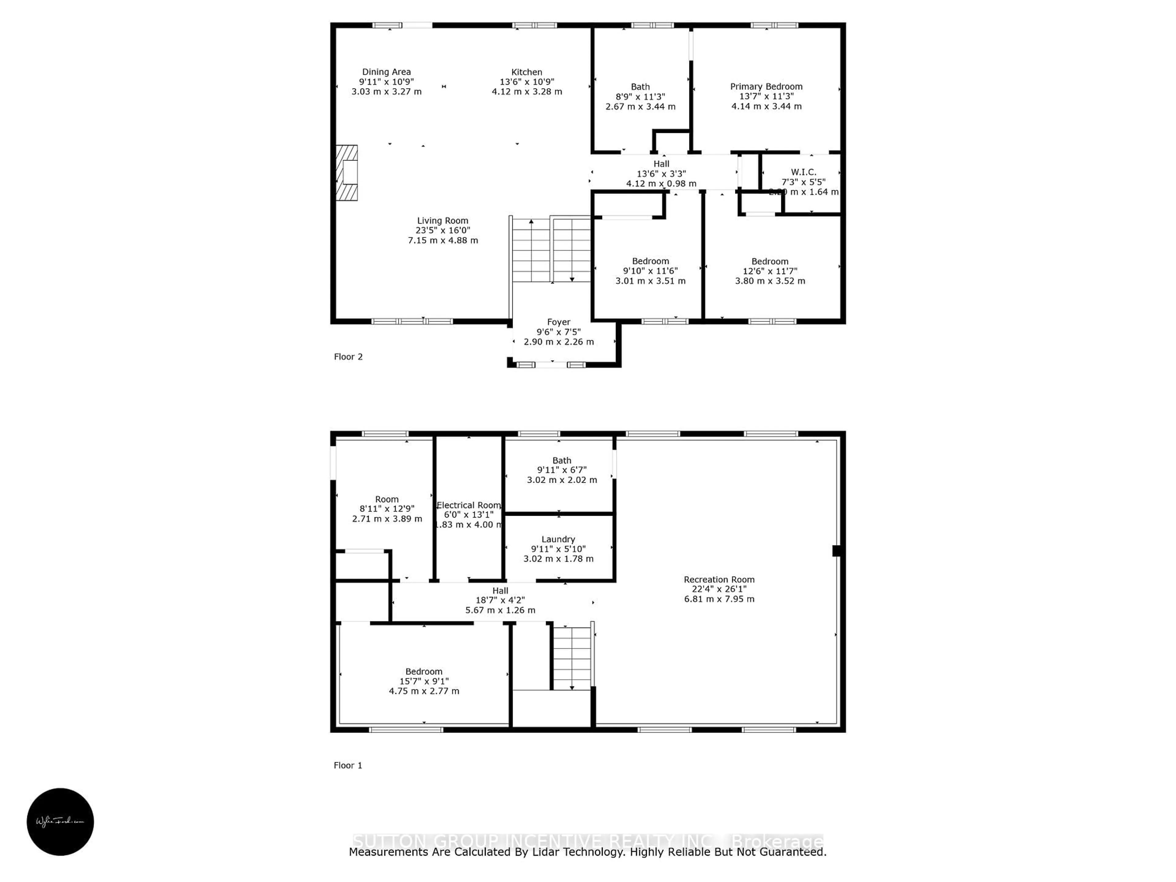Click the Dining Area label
[386, 72]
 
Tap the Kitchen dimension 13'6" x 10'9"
[526, 82]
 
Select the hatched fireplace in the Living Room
[347, 173]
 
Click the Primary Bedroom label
[766, 87]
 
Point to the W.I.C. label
[803, 172]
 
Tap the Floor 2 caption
[348, 357]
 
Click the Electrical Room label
[468, 505]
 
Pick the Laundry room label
[558, 539]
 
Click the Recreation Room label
[719, 579]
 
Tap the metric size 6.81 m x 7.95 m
[719, 599]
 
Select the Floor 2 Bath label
[640, 87]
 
